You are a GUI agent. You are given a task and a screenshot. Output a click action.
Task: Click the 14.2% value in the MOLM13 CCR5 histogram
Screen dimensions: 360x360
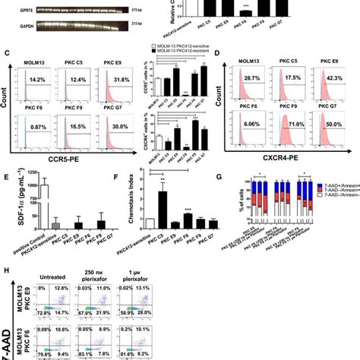tap(37, 79)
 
